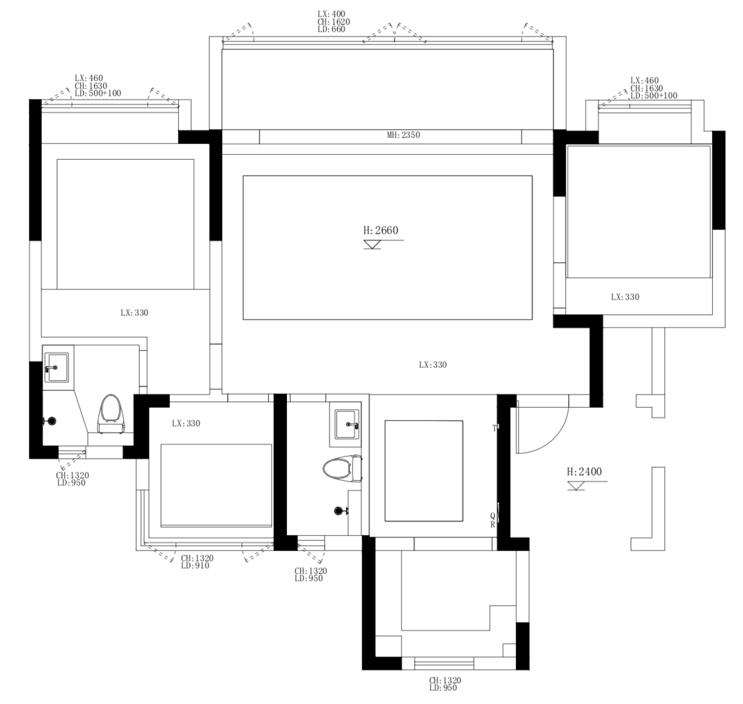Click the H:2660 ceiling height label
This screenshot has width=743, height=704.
[x=380, y=231]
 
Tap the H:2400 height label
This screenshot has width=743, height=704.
[x=584, y=472]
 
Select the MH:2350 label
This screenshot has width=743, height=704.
[x=403, y=135]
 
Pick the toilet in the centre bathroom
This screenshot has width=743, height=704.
[x=343, y=468]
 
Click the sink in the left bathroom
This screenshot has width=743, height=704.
[x=56, y=367]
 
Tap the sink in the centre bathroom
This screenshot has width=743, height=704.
[x=348, y=424]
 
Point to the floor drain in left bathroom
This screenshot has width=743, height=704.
[x=50, y=421]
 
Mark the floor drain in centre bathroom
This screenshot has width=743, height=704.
[x=339, y=511]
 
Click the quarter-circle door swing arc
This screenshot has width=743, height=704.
[x=554, y=437]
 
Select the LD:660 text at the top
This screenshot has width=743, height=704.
[x=331, y=30]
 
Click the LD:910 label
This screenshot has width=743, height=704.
[x=195, y=566]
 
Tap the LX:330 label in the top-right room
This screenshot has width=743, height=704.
[x=625, y=297]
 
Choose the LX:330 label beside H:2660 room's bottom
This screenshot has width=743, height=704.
[x=433, y=365]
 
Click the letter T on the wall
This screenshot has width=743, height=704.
[x=494, y=428]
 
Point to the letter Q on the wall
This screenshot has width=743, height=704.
[x=493, y=516]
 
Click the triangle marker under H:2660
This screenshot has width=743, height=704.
[x=372, y=245]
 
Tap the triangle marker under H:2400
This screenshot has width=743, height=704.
[x=577, y=486]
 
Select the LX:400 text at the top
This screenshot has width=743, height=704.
[x=331, y=14]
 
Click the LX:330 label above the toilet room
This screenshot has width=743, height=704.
[x=134, y=313]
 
